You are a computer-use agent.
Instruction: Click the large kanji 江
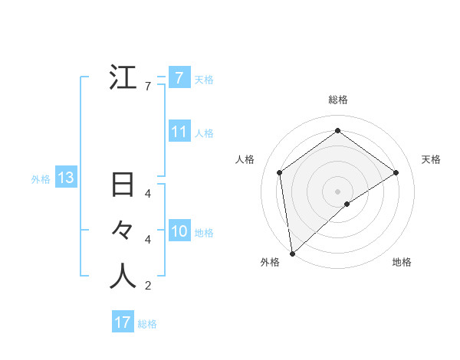coord(123,78)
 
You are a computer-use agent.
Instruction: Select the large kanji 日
coord(123,185)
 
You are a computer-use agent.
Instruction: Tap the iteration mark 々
coord(123,231)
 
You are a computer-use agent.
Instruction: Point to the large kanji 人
coord(123,277)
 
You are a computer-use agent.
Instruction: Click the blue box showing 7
coord(179,77)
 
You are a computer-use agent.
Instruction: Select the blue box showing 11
coord(179,132)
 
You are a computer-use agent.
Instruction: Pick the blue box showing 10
coord(179,231)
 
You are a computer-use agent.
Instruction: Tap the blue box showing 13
coord(65,178)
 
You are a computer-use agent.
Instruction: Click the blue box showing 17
coord(123,322)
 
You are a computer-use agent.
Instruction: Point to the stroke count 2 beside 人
coord(148,286)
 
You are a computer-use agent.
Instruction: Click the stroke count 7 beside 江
coord(148,87)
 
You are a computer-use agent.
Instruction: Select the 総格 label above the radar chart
coord(337,100)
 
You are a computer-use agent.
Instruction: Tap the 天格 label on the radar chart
coord(431,159)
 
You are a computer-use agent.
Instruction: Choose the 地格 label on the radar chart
coord(402,262)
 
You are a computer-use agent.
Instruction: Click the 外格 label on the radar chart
coord(270,262)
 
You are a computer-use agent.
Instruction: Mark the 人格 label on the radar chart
coord(244,159)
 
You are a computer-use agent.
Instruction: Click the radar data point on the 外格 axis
coord(292,253)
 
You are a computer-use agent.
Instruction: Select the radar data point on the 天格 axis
coord(396,172)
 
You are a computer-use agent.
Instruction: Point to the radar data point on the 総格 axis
coord(337,131)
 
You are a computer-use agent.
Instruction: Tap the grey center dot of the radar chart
coord(337,191)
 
